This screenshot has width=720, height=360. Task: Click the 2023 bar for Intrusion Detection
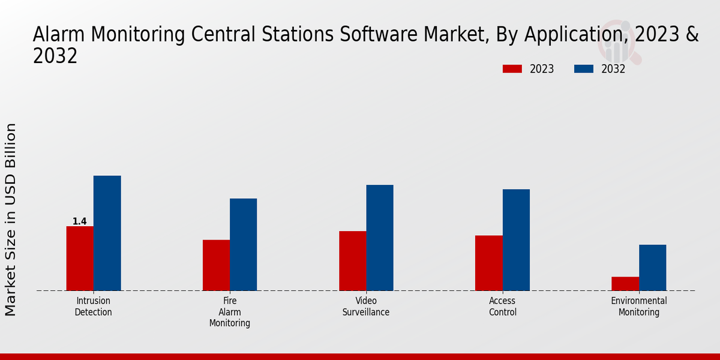(x=80, y=259)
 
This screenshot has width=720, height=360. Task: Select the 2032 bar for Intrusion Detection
(x=107, y=233)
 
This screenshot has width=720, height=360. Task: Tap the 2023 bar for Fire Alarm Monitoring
(x=216, y=265)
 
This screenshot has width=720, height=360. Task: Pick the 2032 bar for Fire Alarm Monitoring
(x=243, y=245)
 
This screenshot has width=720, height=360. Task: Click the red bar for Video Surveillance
(x=352, y=261)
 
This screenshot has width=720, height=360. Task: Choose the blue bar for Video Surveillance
(x=380, y=238)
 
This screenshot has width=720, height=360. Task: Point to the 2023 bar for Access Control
(x=489, y=263)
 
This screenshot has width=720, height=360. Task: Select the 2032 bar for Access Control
(x=516, y=240)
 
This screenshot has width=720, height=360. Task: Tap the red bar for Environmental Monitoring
(x=625, y=284)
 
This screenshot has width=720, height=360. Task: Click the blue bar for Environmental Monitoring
(x=652, y=268)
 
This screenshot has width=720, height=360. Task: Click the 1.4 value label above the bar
(x=79, y=221)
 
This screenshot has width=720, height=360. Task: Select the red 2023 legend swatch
(x=512, y=69)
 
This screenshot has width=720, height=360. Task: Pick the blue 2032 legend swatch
(x=583, y=69)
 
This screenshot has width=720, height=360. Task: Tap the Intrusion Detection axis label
(x=93, y=307)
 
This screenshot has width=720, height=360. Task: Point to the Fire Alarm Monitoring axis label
(x=230, y=312)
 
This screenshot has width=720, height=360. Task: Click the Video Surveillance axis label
(x=366, y=307)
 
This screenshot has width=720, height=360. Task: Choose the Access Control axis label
(x=503, y=307)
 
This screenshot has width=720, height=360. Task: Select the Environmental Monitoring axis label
(x=639, y=307)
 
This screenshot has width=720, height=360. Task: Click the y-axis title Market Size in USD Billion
(x=11, y=219)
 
